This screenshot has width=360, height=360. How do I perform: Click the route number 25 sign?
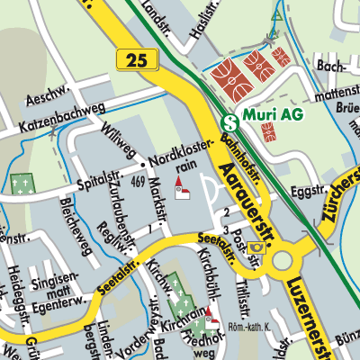pos(137,59)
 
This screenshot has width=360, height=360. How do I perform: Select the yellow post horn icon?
pos(258,246)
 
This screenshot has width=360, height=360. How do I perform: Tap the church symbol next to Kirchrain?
pos(211,319)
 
